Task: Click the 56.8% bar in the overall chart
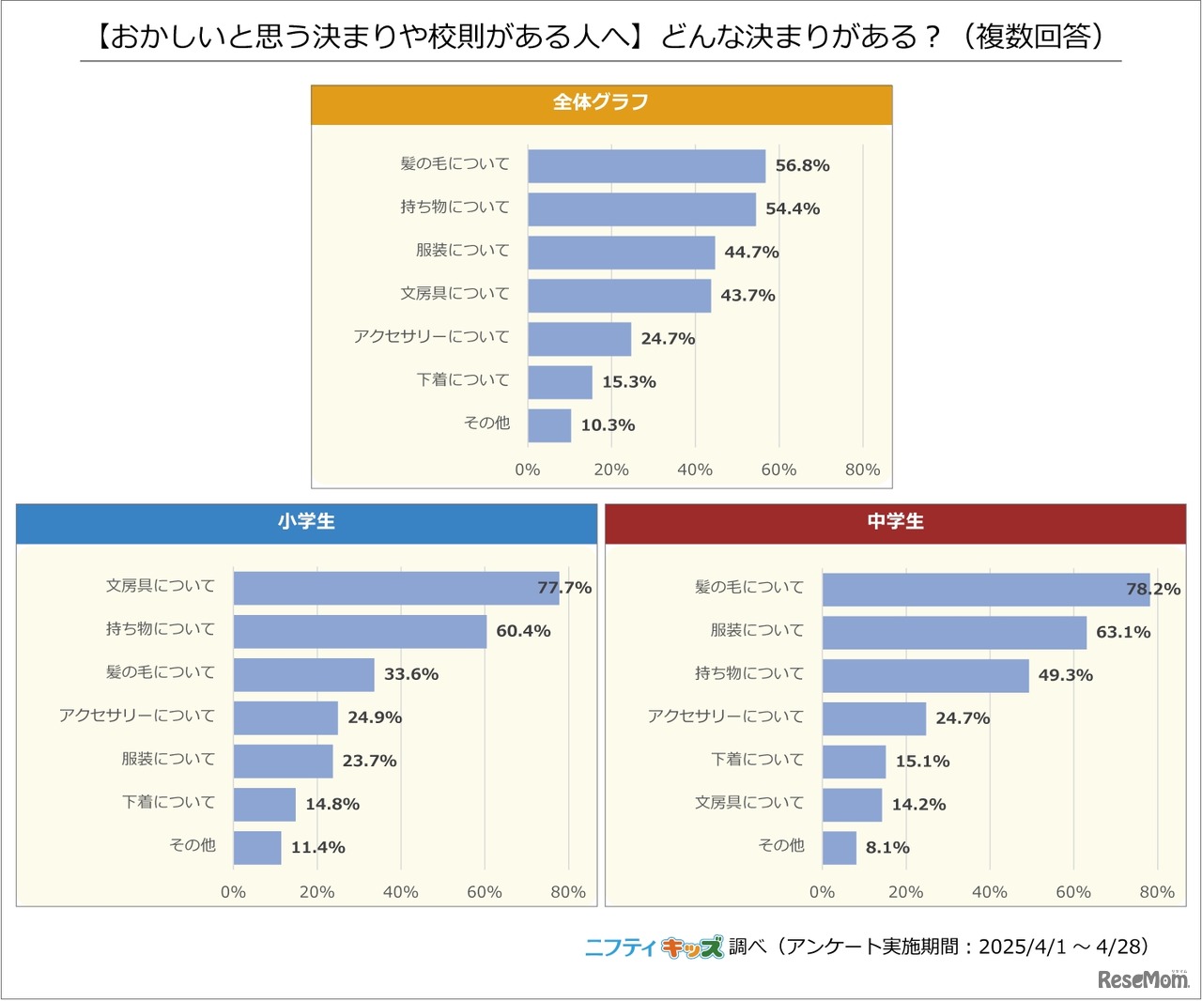coord(646,166)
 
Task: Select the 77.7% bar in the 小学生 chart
coord(395,588)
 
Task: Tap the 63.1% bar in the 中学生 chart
coord(954,632)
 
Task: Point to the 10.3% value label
coord(608,425)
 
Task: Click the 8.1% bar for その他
coord(839,848)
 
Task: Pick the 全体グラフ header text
coord(601,102)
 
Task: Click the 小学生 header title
coord(306,522)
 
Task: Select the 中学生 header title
coord(895,522)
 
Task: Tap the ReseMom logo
coord(1143,978)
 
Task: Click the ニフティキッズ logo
coord(654,947)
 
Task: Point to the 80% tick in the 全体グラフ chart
coord(862,470)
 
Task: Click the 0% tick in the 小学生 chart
coord(233,892)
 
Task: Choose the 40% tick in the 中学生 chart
coord(989,892)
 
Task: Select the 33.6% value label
coord(411,674)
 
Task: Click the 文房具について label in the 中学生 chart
coord(748,803)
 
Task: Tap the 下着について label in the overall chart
coord(463,380)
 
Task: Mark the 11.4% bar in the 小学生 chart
coord(257,848)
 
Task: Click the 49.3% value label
coord(1065,675)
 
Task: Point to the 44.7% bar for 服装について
coord(621,253)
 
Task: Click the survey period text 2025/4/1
coord(1022,947)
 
